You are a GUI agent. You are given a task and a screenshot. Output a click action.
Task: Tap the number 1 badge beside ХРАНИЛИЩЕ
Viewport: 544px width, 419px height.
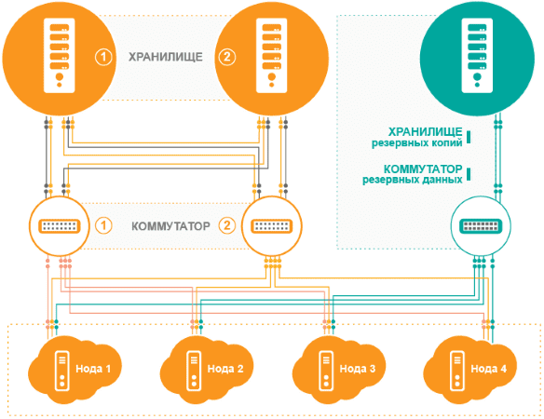pos(104,57)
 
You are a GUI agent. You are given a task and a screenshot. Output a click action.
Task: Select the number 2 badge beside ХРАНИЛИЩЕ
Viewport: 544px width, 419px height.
pos(226,57)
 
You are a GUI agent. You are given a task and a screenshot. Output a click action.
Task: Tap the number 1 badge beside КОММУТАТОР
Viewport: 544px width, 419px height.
pos(104,225)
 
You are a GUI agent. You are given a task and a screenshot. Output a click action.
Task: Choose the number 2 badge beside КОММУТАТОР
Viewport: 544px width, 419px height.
pos(226,225)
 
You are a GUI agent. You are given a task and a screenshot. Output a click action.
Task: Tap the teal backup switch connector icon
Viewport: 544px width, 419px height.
pos(476,225)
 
